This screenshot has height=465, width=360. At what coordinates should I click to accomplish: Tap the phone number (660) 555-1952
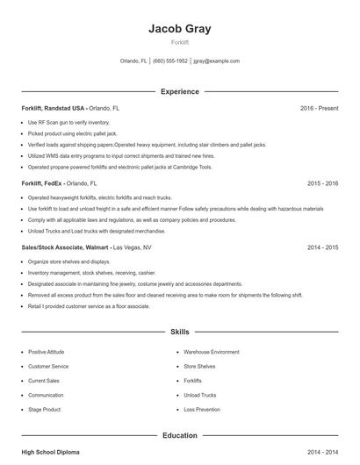171,61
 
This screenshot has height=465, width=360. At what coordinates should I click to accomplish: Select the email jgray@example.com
216,61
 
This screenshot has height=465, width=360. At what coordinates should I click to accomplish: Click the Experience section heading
179,91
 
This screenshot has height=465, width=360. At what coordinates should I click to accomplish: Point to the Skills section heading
179,333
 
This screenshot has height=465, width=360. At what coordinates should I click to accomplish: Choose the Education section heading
179,434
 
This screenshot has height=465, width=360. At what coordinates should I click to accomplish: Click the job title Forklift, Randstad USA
54,108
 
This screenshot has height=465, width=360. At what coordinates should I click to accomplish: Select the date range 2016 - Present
319,108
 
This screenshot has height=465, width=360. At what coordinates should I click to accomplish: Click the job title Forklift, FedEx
42,184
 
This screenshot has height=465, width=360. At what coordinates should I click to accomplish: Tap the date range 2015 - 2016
322,184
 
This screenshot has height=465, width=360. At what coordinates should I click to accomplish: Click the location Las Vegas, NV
133,247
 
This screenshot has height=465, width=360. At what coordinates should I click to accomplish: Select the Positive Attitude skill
46,352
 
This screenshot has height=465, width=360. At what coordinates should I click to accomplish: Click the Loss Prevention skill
202,410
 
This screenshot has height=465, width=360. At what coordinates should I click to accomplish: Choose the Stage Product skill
44,410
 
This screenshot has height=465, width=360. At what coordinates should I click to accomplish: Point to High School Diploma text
50,452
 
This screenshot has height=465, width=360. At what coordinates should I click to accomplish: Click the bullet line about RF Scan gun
68,122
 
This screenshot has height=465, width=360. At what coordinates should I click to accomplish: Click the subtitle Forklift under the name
179,42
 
